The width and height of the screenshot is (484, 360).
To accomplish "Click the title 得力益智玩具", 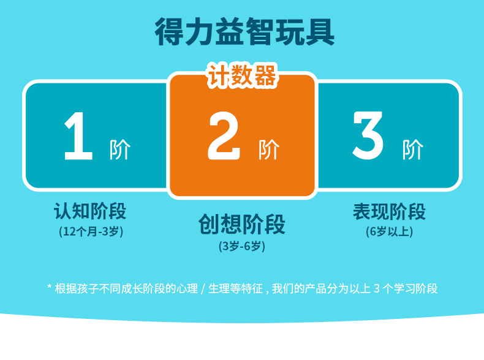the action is click(x=245, y=31).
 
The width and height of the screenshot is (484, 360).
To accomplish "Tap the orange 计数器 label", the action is click(x=243, y=75).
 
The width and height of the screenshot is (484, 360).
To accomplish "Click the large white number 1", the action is click(x=78, y=136).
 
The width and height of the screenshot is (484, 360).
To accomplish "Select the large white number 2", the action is click(x=224, y=136).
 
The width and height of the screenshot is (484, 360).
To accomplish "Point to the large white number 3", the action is click(x=368, y=136).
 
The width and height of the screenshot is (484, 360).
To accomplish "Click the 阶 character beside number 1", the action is click(x=120, y=150).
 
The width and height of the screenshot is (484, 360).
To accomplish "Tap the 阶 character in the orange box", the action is click(x=269, y=150).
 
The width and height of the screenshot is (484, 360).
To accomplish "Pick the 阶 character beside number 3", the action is click(x=413, y=150).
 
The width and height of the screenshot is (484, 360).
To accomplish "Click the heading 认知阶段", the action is click(x=90, y=212).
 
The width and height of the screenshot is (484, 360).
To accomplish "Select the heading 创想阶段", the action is click(x=242, y=224).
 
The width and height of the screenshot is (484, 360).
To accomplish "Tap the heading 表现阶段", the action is click(x=390, y=212).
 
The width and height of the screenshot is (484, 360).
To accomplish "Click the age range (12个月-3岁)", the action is click(x=91, y=231).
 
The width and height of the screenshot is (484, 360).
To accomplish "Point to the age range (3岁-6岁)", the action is click(x=242, y=247).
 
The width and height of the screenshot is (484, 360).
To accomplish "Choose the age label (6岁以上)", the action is click(x=389, y=231).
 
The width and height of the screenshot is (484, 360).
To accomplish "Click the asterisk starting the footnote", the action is click(x=50, y=287).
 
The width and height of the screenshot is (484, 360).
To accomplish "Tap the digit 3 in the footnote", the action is click(x=377, y=289).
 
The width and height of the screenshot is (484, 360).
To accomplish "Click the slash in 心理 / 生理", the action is click(x=203, y=289).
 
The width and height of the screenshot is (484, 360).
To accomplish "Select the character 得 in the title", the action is click(x=169, y=31).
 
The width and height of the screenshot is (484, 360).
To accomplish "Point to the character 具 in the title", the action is click(x=320, y=32).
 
